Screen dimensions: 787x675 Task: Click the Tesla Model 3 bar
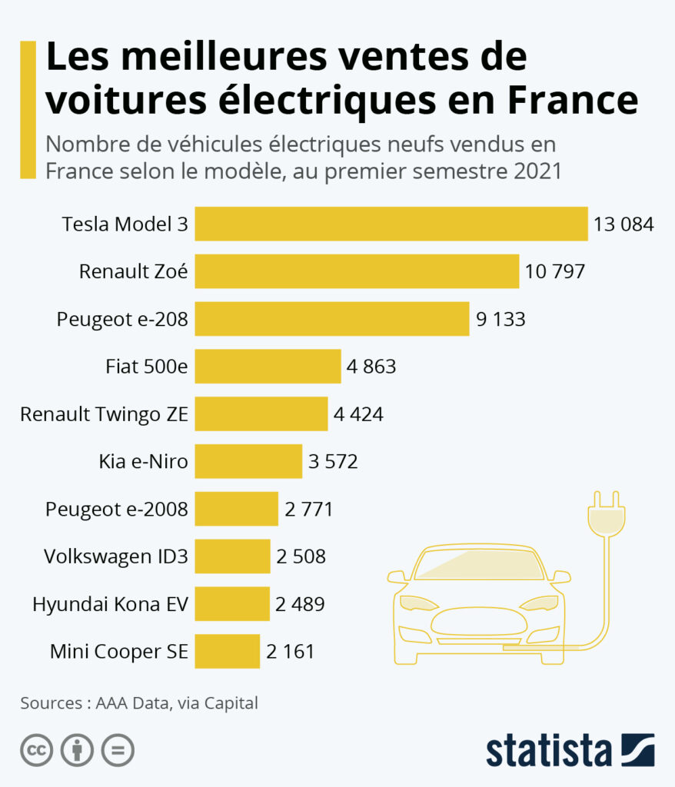pos(391,224)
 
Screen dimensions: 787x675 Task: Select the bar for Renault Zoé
pos(357,271)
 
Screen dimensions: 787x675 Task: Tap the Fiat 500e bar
pos(268,367)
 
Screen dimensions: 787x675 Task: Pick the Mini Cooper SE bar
pos(227,652)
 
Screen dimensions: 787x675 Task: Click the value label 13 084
pos(623,224)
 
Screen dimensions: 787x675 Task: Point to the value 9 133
pos(500,319)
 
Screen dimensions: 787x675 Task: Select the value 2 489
pos(300,604)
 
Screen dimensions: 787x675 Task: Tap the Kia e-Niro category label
pos(143,462)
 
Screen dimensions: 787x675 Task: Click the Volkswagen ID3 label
pos(116,556)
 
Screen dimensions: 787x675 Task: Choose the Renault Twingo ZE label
pos(104,414)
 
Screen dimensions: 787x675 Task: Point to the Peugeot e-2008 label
pos(117,509)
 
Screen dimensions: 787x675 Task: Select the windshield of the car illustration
pos(479,566)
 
